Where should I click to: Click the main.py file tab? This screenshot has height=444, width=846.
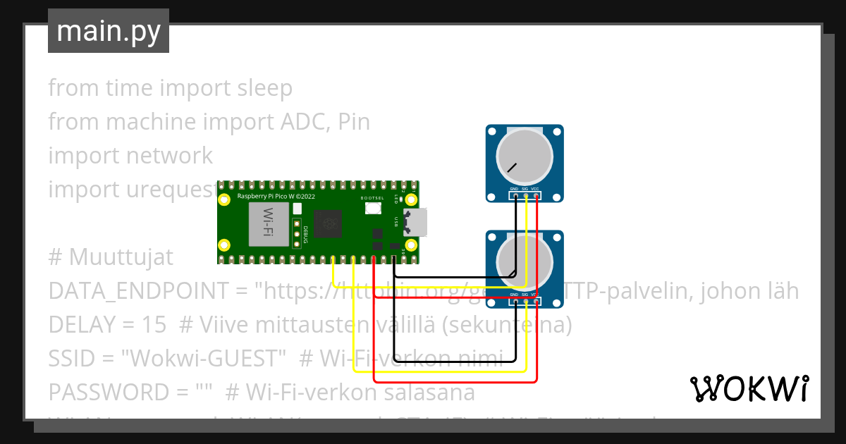pyautogui.click(x=108, y=31)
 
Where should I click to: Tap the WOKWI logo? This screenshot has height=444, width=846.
pyautogui.click(x=749, y=388)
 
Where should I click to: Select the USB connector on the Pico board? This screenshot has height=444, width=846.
pyautogui.click(x=417, y=223)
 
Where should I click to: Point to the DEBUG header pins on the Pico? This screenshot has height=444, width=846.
pyautogui.click(x=297, y=232)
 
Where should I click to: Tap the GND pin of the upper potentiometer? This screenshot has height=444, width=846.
pyautogui.click(x=515, y=197)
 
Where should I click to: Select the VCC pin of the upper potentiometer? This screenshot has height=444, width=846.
pyautogui.click(x=537, y=197)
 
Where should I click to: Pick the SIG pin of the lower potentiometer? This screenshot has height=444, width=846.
pyautogui.click(x=525, y=302)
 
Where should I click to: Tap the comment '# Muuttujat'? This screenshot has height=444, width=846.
pyautogui.click(x=111, y=257)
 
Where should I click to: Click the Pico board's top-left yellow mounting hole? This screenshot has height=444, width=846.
pyautogui.click(x=224, y=199)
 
